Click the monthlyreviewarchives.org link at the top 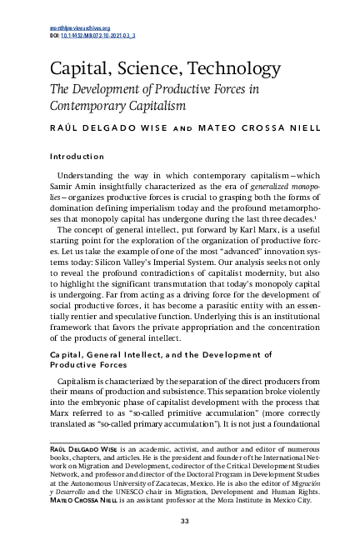pyautogui.click(x=69, y=28)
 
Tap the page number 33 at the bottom pyautogui.click(x=185, y=522)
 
